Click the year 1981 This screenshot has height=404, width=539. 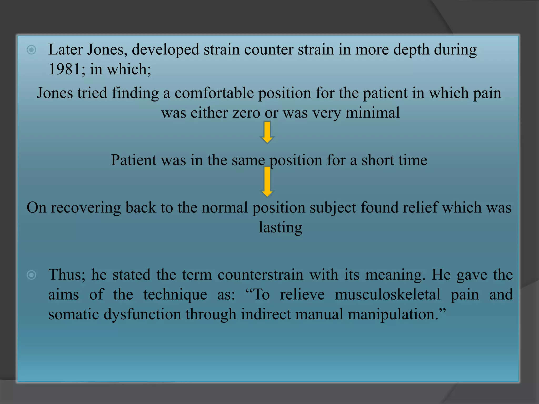point(64,69)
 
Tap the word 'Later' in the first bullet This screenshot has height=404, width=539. point(65,49)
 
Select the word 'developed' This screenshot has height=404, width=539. point(165,50)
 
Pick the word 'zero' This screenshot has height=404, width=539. point(246,113)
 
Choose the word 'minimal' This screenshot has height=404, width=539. point(372,113)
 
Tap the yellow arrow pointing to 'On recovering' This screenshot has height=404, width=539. point(267,181)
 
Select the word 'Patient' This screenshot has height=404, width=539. point(133,160)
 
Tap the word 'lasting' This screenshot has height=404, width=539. point(280,228)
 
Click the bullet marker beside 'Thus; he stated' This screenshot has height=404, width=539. point(31,275)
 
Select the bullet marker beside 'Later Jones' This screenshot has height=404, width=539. point(31,50)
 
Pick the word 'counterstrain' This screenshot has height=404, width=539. point(261,275)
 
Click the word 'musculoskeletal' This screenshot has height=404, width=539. point(387,295)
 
